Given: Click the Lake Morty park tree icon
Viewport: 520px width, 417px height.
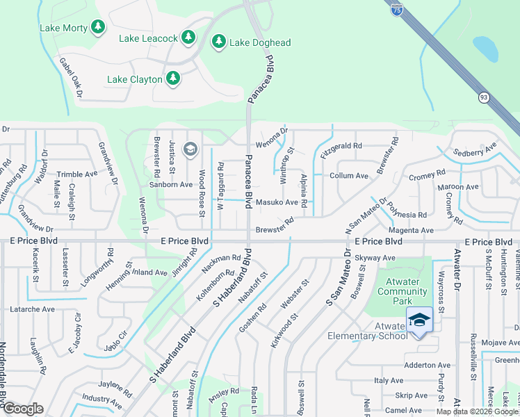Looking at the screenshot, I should point(98,26).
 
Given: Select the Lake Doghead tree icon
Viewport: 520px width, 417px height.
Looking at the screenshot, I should point(219,42).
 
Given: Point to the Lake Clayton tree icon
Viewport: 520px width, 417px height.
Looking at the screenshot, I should point(172,79).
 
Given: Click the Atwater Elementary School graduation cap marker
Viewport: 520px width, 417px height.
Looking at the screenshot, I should point(419,320).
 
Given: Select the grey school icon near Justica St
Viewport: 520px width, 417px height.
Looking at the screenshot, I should point(190,149).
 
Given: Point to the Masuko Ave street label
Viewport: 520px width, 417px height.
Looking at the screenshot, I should point(277,203).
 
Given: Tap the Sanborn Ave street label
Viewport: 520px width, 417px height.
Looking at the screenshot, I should point(170,184).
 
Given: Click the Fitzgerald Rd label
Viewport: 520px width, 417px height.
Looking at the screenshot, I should point(341,146).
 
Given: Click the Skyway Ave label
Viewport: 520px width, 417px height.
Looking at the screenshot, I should point(375,258).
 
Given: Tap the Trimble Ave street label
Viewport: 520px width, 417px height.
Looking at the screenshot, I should point(77,174).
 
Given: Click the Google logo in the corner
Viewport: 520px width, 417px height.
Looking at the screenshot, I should point(23,409).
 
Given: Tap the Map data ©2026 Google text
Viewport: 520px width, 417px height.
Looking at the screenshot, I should point(477,411).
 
